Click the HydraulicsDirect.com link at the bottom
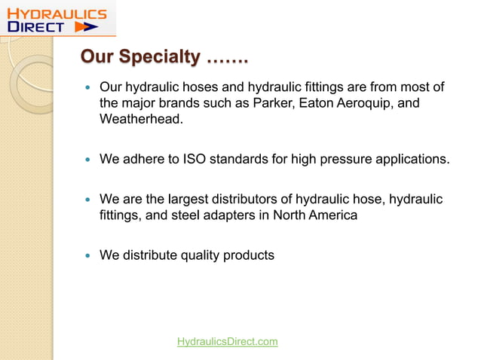[x=227, y=342]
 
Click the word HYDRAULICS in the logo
[x=57, y=13]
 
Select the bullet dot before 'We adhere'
[x=87, y=160]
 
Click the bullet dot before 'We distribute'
[x=87, y=256]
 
